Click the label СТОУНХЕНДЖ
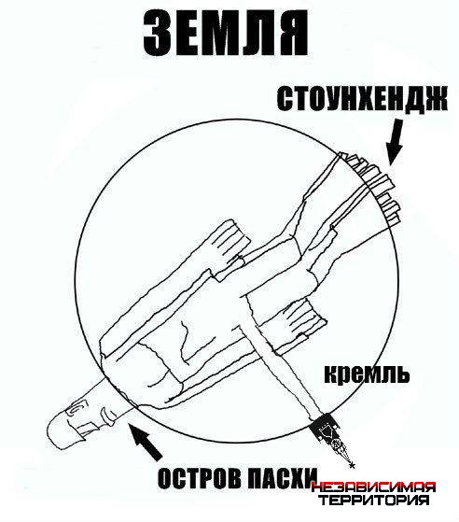pos(362,99)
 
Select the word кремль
pos(367,374)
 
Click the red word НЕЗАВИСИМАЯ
pos(373,488)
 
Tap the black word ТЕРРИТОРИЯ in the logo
pos(373,501)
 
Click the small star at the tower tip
pos(353,465)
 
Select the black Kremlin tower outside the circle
pos(330,437)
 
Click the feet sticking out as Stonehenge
pos(372,187)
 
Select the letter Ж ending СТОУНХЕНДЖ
pos(434,99)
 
